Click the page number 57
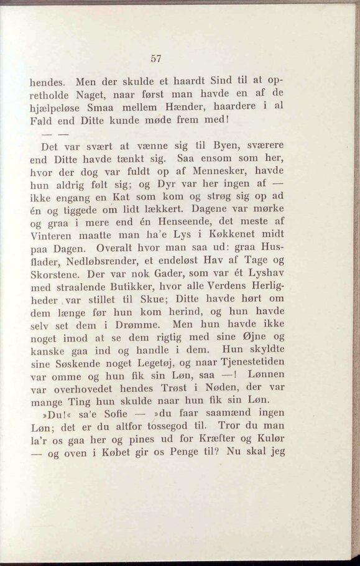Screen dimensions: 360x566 point(156,58)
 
